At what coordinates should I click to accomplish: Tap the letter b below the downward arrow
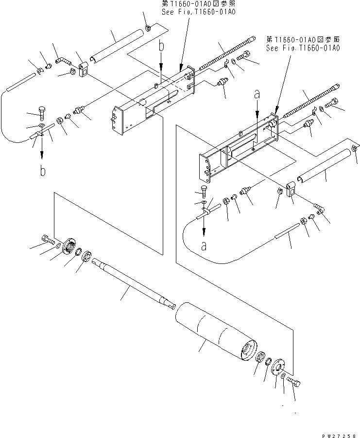[43, 171]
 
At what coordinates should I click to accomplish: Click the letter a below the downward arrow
[204, 245]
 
